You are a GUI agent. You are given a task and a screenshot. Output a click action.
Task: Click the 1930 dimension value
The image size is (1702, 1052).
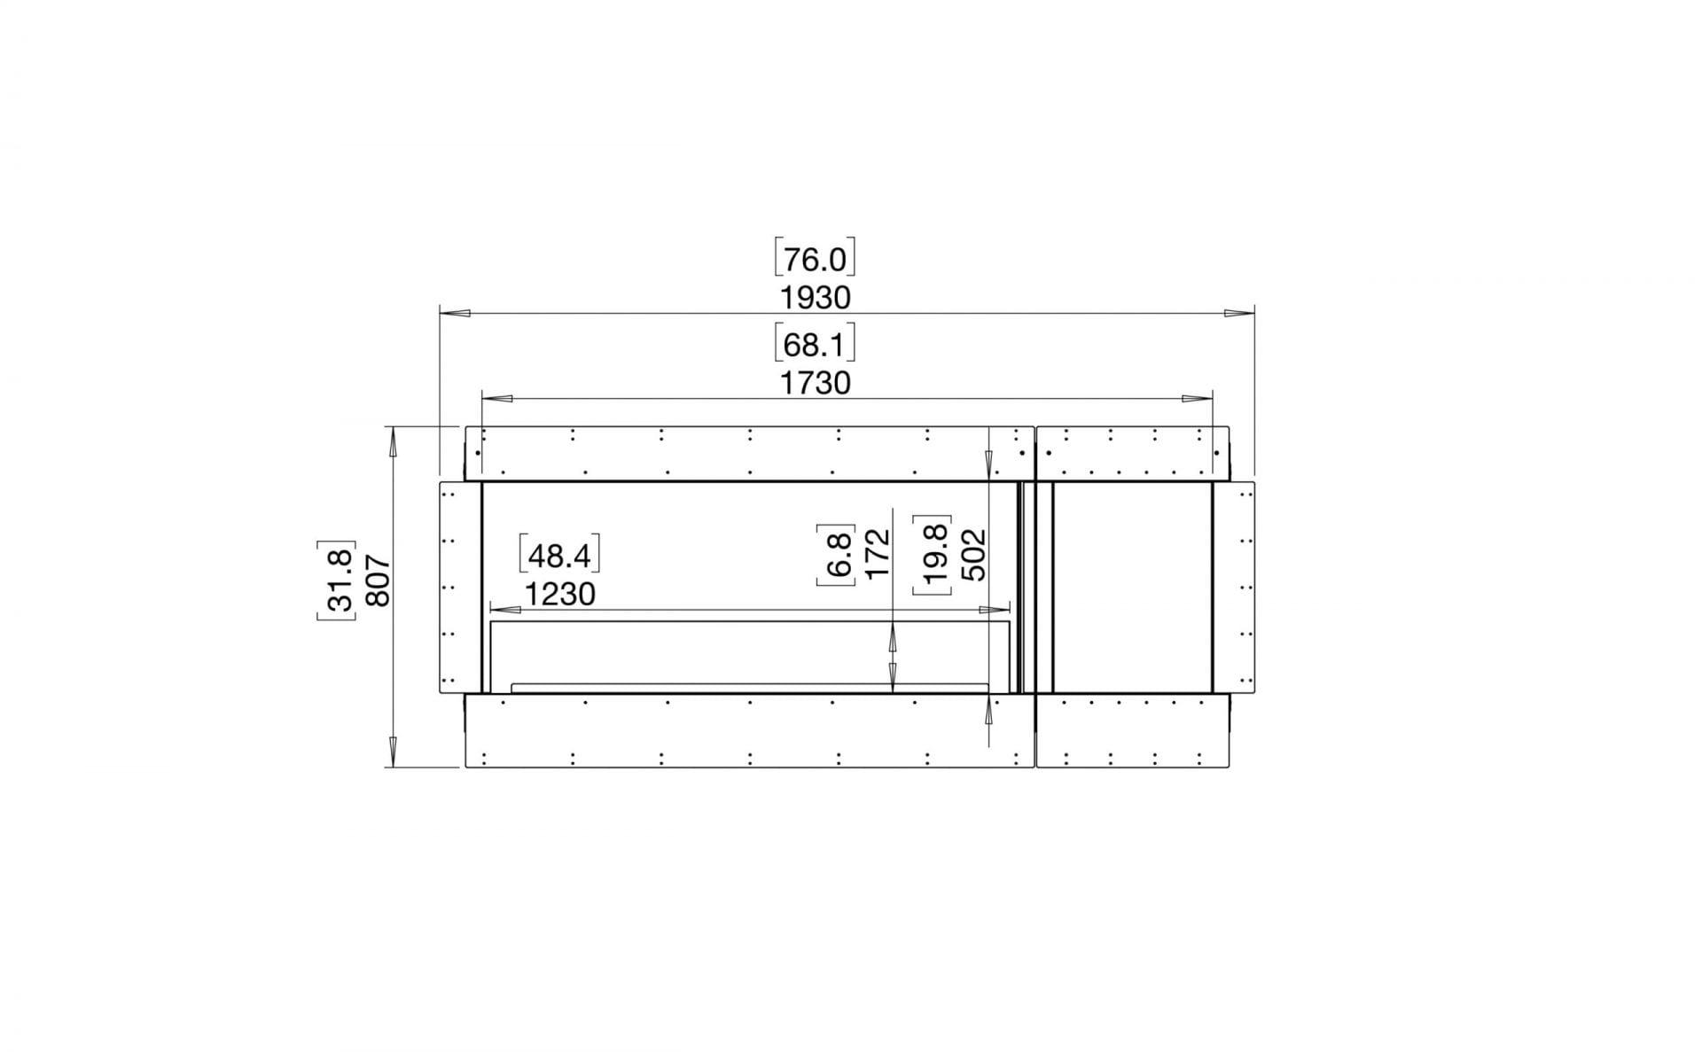(x=815, y=298)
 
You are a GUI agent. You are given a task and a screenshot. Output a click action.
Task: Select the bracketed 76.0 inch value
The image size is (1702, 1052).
(x=815, y=260)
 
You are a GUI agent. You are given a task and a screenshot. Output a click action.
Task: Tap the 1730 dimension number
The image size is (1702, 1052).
(x=815, y=383)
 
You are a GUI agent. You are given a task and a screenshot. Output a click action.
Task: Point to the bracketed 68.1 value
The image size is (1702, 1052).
(x=815, y=345)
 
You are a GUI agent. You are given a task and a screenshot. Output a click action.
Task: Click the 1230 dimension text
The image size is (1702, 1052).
(x=559, y=594)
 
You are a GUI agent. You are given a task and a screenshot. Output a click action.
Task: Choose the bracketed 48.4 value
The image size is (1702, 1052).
(x=559, y=556)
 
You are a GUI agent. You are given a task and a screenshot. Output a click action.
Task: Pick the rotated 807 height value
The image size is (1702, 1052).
(x=378, y=581)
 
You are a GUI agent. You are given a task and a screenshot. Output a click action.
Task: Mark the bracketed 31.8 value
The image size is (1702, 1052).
(x=338, y=581)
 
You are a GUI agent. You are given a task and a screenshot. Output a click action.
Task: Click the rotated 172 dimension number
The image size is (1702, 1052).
(x=876, y=554)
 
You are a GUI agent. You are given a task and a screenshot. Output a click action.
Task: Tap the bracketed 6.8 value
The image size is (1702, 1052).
(x=838, y=554)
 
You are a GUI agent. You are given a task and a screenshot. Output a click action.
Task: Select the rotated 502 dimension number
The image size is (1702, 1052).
(x=973, y=554)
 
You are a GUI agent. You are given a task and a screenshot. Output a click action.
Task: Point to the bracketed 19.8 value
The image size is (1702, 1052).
(x=934, y=554)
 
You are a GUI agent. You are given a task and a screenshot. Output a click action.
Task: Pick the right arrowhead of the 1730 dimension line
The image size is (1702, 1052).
(x=1198, y=398)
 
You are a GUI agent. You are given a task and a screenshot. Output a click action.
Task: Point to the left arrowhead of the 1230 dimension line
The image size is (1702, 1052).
(x=504, y=610)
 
